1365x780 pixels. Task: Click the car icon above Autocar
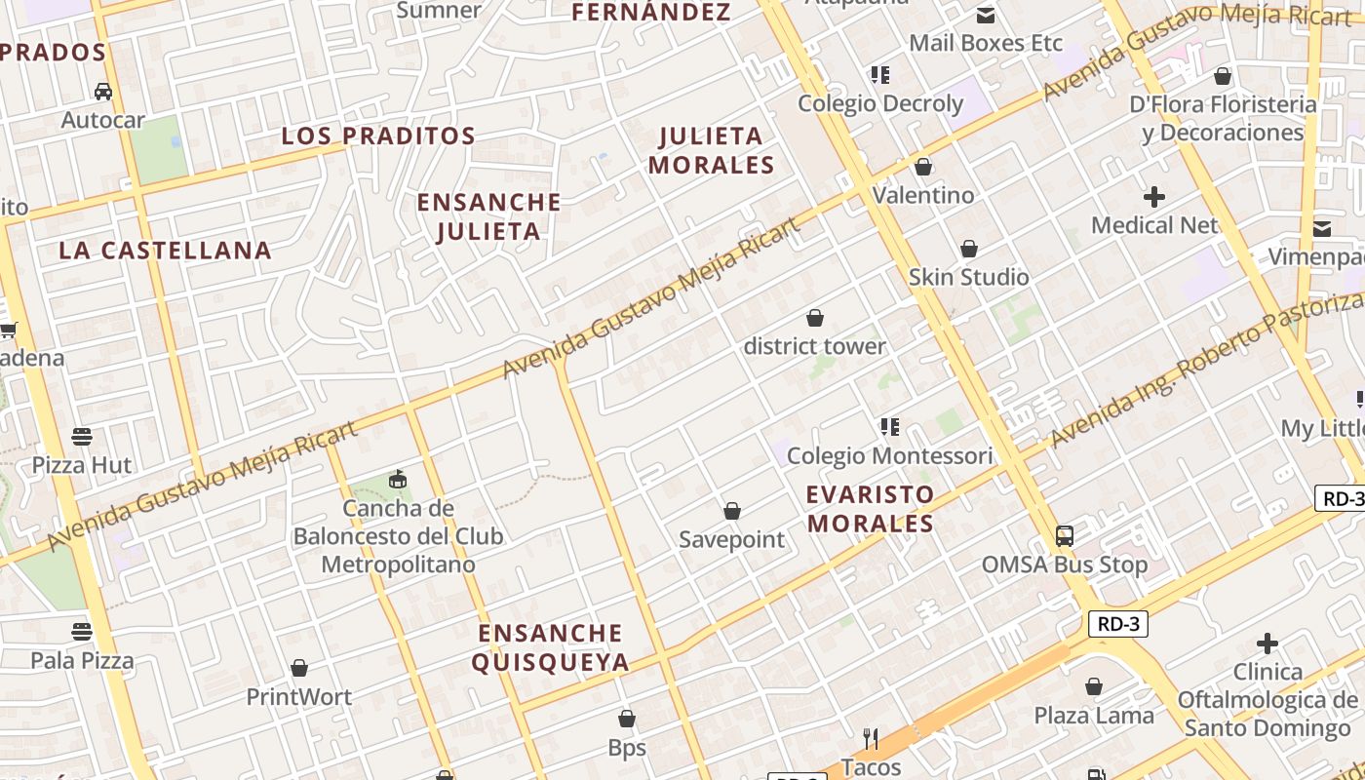click(x=102, y=92)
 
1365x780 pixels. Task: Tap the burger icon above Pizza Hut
click(x=82, y=436)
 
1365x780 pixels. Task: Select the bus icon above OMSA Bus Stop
click(x=1065, y=535)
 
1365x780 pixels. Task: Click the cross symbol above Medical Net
click(x=1154, y=197)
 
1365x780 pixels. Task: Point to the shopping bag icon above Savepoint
click(x=732, y=511)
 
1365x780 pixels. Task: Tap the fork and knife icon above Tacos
click(x=871, y=738)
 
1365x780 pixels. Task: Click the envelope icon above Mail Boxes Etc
click(x=985, y=15)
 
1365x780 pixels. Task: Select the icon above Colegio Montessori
click(x=889, y=427)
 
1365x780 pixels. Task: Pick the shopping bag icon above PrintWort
click(x=299, y=668)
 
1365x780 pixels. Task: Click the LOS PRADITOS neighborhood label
click(x=378, y=136)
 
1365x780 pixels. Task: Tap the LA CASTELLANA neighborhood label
click(x=165, y=251)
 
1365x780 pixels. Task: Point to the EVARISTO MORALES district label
click(x=871, y=509)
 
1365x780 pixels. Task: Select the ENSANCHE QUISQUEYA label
click(x=550, y=648)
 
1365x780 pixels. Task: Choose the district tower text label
click(x=815, y=346)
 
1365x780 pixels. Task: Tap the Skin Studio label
click(x=968, y=277)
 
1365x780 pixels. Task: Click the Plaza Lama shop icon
click(x=1094, y=686)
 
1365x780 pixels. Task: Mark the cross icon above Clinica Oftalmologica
click(x=1267, y=643)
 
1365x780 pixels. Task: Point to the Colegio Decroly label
click(x=880, y=103)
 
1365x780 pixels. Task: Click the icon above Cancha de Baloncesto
click(x=398, y=479)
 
